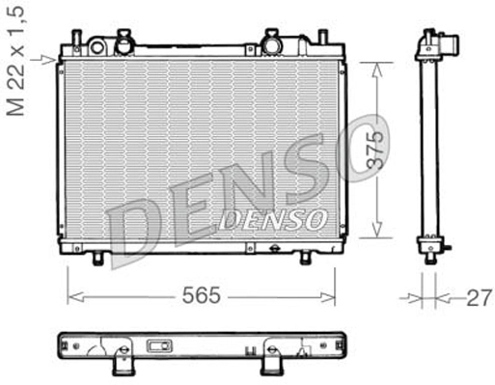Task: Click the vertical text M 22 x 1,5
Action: tap(16, 60)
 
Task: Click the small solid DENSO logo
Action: tap(272, 221)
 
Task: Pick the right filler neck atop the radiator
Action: tap(272, 42)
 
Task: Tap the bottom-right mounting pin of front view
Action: tap(305, 259)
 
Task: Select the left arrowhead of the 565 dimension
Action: tap(70, 297)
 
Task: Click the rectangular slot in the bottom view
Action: tap(158, 346)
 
